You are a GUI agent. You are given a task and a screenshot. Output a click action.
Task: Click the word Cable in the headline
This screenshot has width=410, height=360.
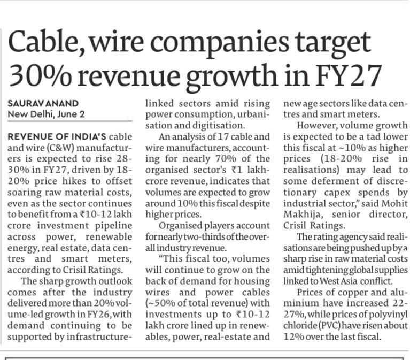pos(44,42)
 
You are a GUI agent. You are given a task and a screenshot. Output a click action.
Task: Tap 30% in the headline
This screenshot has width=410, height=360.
pos(40,75)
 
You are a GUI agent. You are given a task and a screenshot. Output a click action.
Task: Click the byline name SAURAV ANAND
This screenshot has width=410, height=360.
pos(43,104)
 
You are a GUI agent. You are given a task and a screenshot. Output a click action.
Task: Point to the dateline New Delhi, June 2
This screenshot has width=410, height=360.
pos(47,114)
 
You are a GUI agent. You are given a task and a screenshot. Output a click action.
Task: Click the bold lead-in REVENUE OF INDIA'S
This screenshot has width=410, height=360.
pos(57,136)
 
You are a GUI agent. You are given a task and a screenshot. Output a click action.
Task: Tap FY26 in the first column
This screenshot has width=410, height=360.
pos(98,314)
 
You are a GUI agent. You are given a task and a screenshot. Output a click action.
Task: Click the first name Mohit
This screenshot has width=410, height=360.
pos(394,203)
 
